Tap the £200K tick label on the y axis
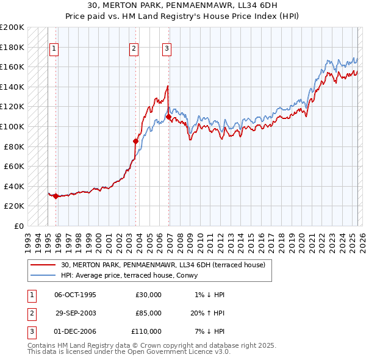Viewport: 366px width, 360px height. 12,27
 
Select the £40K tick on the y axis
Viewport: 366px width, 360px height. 14,186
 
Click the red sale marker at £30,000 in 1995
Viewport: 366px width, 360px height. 56,196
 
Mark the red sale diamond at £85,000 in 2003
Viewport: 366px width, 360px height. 136,142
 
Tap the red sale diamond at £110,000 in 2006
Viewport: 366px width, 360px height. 168,117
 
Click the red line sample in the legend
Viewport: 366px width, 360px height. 44,265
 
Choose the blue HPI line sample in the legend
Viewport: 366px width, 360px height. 44,276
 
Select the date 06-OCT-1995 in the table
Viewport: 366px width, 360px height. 75,295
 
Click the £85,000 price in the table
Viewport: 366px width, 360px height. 148,313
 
